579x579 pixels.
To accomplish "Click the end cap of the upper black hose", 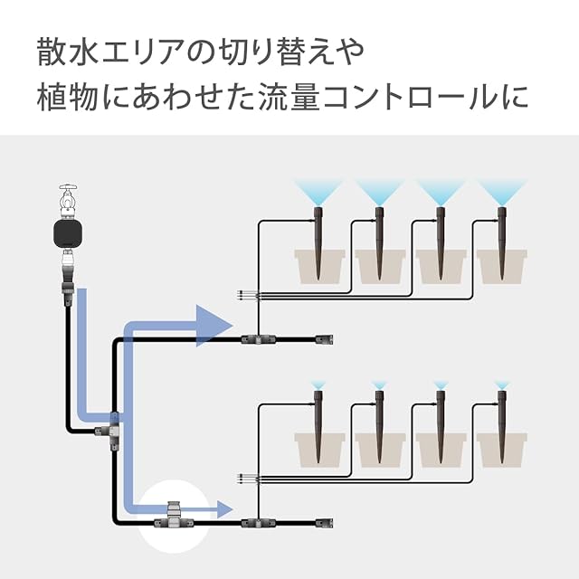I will click(x=323, y=339).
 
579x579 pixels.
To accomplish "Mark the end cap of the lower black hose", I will click(x=323, y=522).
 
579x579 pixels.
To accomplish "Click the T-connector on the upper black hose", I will click(x=256, y=339).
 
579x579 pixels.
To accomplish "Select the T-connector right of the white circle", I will click(x=256, y=522).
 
